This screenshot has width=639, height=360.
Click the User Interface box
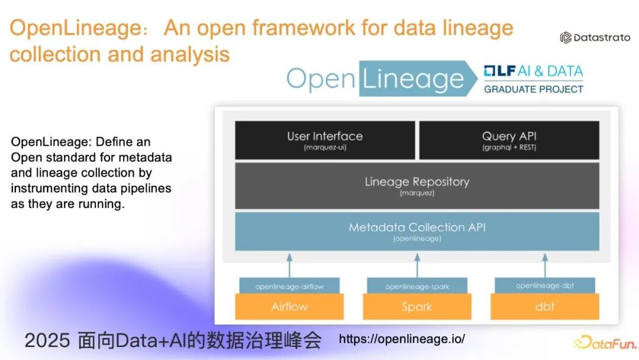coord(325,140)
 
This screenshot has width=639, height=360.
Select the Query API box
coord(509,140)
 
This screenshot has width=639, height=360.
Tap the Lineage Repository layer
coord(417,185)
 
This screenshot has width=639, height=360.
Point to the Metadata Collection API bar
coord(417,231)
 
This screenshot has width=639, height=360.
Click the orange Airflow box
coord(289,307)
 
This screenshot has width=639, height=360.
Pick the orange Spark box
coord(417,307)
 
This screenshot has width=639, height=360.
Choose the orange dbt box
coord(544,307)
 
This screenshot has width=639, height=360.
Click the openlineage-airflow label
coord(289,286)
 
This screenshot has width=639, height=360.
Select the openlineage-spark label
coord(417,286)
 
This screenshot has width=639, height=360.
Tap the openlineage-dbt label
coord(544,285)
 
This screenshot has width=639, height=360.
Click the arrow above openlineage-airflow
coord(289,265)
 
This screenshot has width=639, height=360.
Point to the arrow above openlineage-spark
coord(417,265)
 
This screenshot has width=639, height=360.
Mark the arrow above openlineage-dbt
coord(544,265)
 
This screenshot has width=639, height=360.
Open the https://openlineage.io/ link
coord(402,339)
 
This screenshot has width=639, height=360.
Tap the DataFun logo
coord(605,342)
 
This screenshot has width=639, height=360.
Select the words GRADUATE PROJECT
coord(534,89)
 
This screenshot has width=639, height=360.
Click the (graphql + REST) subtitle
coord(509,147)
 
